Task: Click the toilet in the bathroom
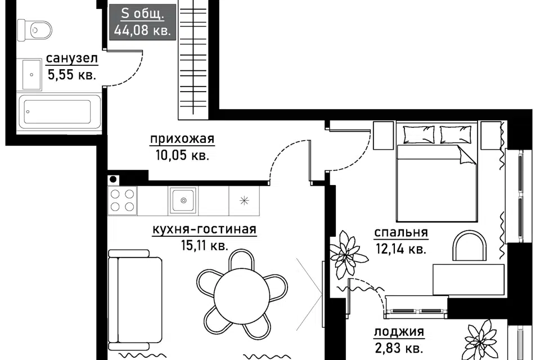34,30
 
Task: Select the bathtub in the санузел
60,111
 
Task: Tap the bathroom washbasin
31,75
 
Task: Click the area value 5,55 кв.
71,74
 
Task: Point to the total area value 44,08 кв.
142,31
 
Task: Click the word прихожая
182,139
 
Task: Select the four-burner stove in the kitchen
122,201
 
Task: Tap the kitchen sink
183,200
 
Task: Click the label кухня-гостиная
204,229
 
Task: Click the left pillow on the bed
418,134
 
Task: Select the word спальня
401,233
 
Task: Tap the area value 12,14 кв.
401,249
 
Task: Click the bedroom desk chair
469,246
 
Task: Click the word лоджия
399,332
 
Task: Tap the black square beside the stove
113,179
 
